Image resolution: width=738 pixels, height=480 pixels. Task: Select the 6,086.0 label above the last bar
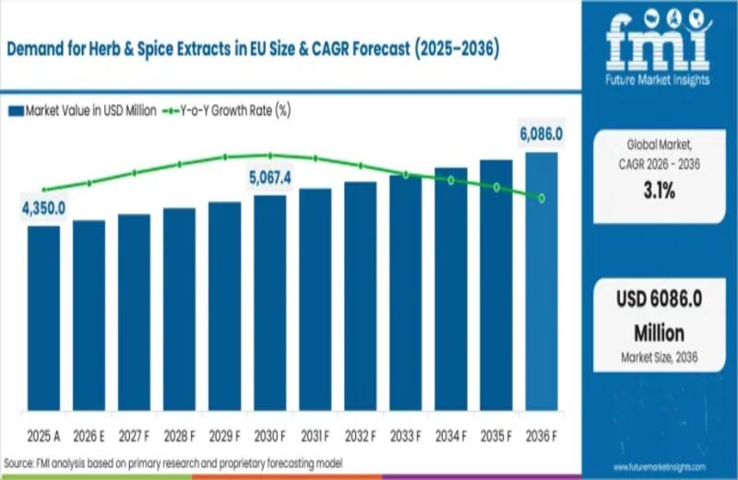click(x=541, y=135)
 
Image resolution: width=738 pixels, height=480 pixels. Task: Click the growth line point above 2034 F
click(x=451, y=181)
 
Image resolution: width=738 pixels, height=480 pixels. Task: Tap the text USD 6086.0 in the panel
click(x=659, y=301)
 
